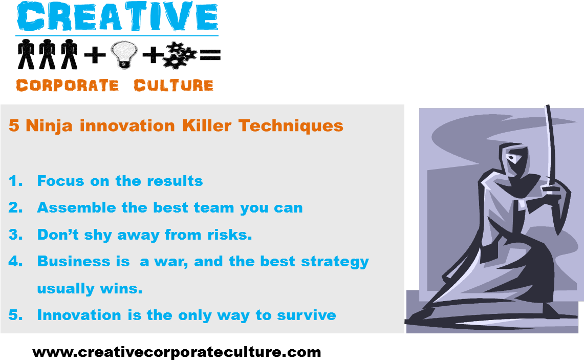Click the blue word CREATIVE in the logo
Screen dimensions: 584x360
(x=117, y=17)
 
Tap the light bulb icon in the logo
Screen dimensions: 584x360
(x=124, y=54)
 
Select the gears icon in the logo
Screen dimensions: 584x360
(x=180, y=55)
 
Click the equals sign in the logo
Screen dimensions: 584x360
(x=210, y=55)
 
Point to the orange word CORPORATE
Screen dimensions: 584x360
(x=68, y=86)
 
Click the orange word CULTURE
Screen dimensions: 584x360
(x=174, y=86)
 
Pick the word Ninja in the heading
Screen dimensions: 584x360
(x=49, y=126)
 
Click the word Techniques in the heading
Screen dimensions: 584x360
(x=291, y=126)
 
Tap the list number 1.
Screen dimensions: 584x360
(x=15, y=181)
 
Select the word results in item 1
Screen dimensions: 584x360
(x=175, y=181)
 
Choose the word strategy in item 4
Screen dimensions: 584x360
(x=335, y=262)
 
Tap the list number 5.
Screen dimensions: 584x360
(x=15, y=315)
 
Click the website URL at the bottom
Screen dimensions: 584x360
(x=177, y=352)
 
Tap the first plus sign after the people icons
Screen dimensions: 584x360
(x=95, y=55)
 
